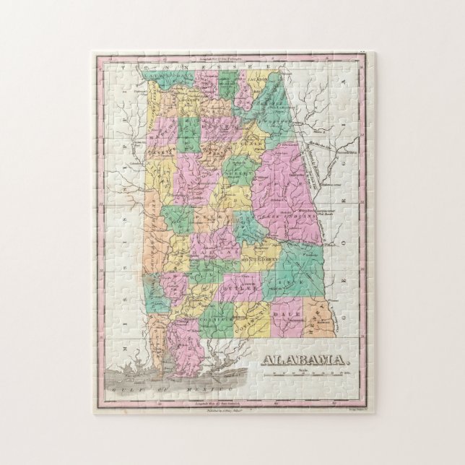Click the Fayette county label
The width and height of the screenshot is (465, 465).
[168, 168]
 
